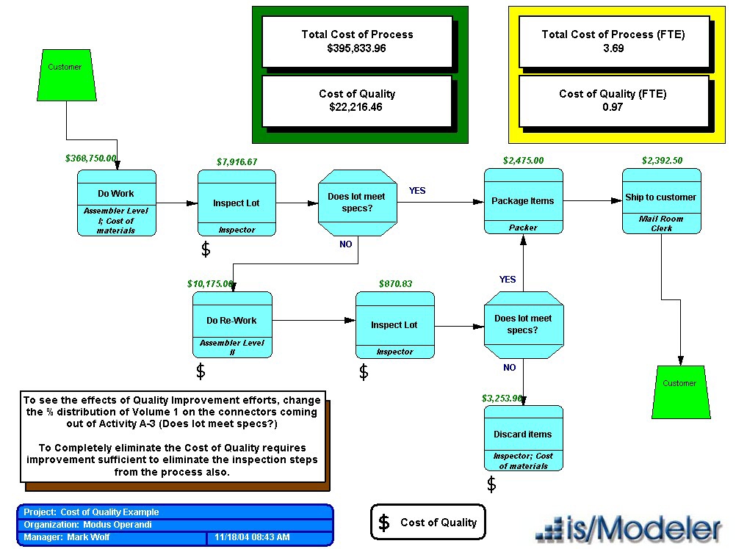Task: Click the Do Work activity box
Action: click(x=117, y=203)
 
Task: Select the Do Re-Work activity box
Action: click(x=232, y=324)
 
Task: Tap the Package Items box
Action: click(x=523, y=201)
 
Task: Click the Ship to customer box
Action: click(x=661, y=201)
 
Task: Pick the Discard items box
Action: click(x=523, y=437)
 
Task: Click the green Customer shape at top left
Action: click(x=66, y=75)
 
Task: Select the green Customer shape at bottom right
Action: click(x=679, y=391)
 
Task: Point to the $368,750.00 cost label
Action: click(x=91, y=158)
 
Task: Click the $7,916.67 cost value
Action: click(x=237, y=161)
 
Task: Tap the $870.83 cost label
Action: click(x=395, y=283)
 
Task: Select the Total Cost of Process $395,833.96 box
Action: click(x=357, y=41)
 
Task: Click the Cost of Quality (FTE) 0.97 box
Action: click(x=613, y=101)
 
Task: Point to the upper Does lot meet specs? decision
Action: click(x=358, y=202)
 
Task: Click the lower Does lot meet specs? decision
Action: click(x=523, y=324)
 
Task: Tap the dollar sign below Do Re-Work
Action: click(x=201, y=371)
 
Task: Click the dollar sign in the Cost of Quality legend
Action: click(x=383, y=523)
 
